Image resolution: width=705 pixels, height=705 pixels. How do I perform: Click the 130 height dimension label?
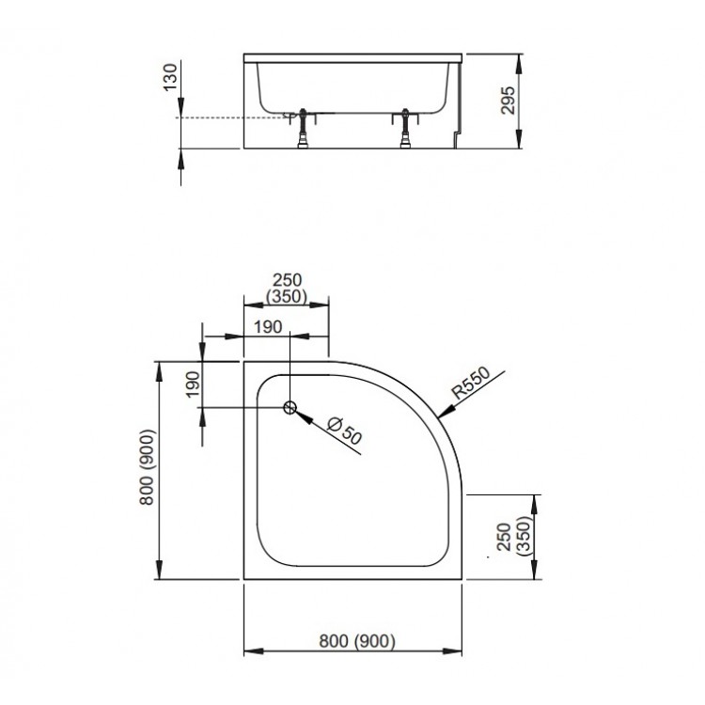point(170,77)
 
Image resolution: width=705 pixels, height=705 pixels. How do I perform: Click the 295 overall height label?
point(509,101)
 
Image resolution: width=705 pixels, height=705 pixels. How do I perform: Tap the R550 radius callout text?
point(471,384)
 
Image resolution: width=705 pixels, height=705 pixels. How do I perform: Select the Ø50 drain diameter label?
point(344,431)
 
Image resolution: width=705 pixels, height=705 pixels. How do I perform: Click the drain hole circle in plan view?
point(290,407)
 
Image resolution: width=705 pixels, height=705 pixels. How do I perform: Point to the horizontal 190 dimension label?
point(268,327)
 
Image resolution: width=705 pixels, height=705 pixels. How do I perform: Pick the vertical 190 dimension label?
point(193,384)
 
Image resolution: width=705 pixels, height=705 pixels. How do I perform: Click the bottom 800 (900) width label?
point(357,641)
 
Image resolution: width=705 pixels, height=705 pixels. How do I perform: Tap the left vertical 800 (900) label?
point(148,467)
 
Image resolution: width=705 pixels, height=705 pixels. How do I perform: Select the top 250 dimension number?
point(288,280)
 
